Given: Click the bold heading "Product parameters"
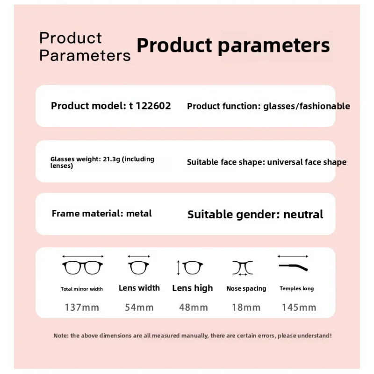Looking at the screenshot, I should [x=233, y=46].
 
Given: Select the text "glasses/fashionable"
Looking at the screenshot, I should [x=307, y=107].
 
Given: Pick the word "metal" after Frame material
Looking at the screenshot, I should [x=139, y=214].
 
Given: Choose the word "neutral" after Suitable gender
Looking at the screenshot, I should [x=303, y=215].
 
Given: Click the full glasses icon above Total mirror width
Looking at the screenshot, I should [x=82, y=268].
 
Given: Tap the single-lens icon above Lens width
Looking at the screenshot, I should [x=139, y=268].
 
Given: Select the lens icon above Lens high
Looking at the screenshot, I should [x=193, y=268].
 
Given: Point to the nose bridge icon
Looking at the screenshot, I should [x=243, y=268].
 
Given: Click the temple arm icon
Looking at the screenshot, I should [x=294, y=267].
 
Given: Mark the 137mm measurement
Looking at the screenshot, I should [x=82, y=308].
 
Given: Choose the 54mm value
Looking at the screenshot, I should [x=139, y=308].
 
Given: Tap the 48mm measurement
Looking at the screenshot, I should [x=193, y=308].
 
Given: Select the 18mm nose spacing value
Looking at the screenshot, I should [x=246, y=308].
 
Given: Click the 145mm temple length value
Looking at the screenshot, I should [x=299, y=308].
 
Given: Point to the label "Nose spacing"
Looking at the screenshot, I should [x=246, y=289].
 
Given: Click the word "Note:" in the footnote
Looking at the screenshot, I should [x=61, y=336].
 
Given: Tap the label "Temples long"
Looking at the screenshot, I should [x=297, y=288].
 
